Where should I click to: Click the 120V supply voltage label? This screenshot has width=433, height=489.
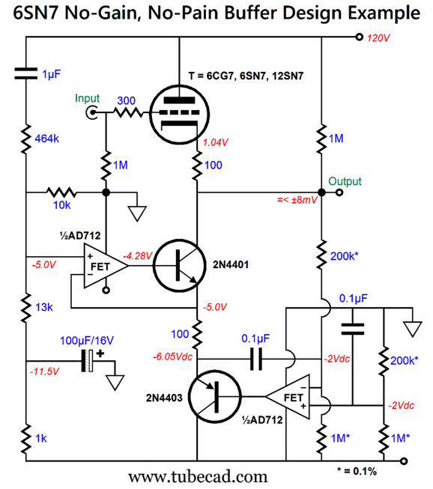click(x=378, y=38)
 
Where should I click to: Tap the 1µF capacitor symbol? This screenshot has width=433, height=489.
click(x=26, y=73)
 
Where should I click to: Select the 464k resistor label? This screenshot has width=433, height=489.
click(x=46, y=139)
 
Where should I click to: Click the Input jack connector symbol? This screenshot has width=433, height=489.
click(x=91, y=112)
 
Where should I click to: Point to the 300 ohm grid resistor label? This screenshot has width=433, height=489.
click(x=126, y=100)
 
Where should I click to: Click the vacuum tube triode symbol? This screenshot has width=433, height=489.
click(x=179, y=114)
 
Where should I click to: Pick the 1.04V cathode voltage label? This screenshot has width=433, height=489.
click(x=216, y=142)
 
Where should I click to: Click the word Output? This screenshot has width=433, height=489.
click(x=345, y=181)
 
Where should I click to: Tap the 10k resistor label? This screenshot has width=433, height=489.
click(x=61, y=205)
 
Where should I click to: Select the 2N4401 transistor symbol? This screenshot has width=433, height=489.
click(x=179, y=266)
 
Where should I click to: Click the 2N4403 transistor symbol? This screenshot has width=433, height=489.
click(x=215, y=397)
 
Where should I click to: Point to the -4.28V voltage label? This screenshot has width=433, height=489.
click(x=138, y=256)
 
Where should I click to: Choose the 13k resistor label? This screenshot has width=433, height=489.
click(x=44, y=307)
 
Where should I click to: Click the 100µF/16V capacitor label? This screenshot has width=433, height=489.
click(x=87, y=341)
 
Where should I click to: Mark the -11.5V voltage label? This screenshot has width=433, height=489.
click(x=44, y=371)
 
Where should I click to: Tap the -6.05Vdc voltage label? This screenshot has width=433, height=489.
click(x=172, y=356)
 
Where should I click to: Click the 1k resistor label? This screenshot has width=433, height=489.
click(x=41, y=439)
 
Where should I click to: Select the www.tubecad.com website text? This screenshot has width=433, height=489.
click(x=198, y=477)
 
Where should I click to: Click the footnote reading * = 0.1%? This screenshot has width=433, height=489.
click(x=357, y=471)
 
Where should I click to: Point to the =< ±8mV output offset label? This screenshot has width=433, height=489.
click(x=297, y=200)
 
